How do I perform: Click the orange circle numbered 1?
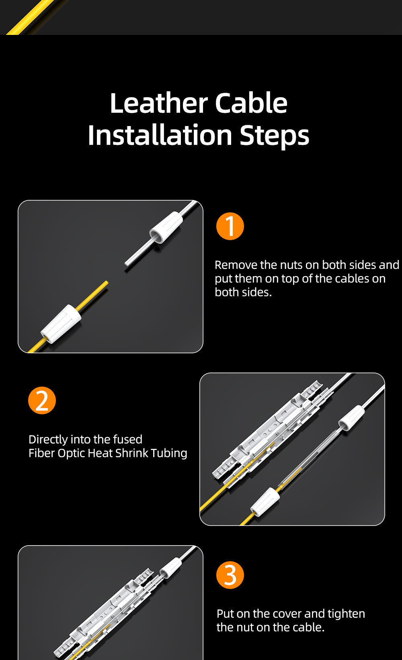tap(230, 226)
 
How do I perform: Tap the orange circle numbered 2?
tap(42, 400)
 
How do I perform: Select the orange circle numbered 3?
tap(230, 575)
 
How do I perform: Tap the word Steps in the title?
tap(274, 136)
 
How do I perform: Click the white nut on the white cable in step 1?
tap(166, 227)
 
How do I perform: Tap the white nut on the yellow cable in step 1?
tap(61, 324)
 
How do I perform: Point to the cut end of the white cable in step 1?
tap(127, 264)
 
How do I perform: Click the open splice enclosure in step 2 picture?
tap(267, 430)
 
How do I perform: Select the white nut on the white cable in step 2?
tap(351, 418)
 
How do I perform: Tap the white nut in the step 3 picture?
tap(171, 568)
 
